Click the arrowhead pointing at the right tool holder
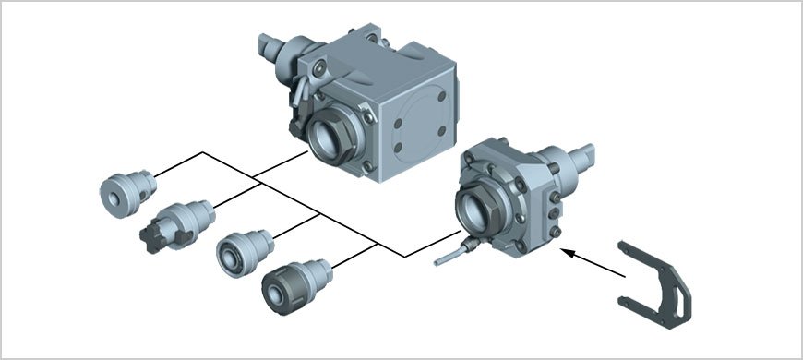coord(566,249)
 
